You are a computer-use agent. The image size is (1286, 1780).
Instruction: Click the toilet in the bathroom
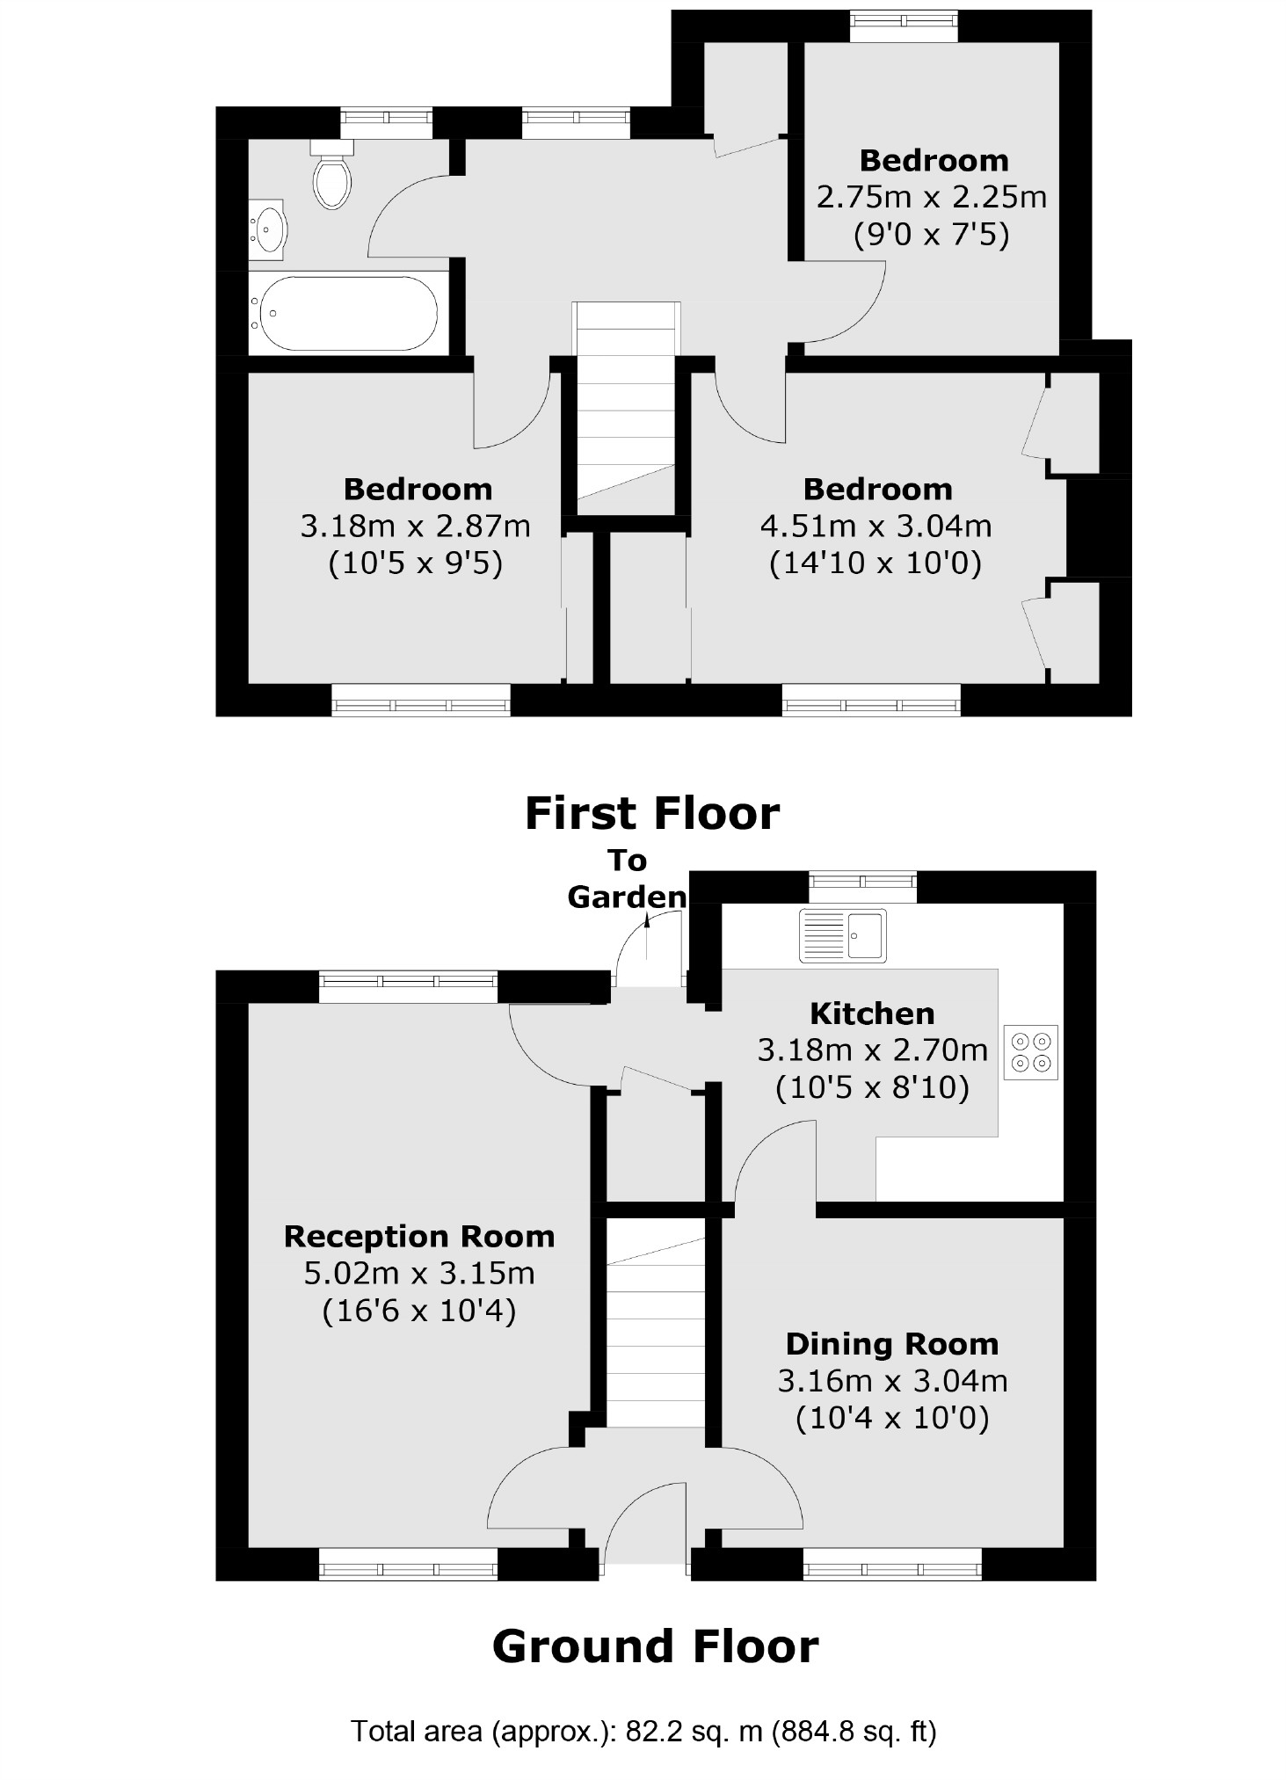point(331,178)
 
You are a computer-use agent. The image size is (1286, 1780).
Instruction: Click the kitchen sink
point(842,934)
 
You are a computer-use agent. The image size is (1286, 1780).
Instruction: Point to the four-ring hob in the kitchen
point(1031,1052)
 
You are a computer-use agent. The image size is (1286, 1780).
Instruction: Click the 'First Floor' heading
point(651,813)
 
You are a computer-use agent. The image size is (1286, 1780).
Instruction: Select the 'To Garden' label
point(627,879)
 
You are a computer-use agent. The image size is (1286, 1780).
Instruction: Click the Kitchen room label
point(871,1014)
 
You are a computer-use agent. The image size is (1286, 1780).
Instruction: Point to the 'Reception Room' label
point(418,1237)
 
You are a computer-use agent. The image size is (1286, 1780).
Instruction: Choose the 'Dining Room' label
point(891,1344)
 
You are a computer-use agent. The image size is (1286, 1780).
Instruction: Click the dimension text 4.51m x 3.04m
point(875,526)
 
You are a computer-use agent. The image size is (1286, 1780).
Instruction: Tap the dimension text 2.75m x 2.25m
point(932,197)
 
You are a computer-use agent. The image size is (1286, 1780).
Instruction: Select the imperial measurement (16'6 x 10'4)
point(418,1311)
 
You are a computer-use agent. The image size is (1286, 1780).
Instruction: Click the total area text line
point(643,1732)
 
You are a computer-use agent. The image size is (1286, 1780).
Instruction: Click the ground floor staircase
point(656,1328)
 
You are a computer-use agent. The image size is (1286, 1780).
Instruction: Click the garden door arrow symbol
point(648,921)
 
